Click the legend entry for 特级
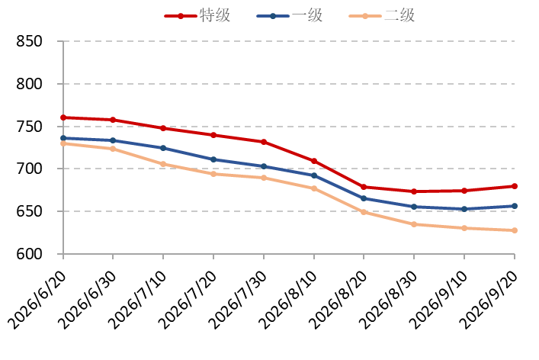(x=197, y=15)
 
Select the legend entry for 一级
(x=290, y=15)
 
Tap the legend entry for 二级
(x=382, y=15)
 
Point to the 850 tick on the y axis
(x=29, y=41)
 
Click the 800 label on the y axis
(x=29, y=84)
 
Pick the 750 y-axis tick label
(x=29, y=127)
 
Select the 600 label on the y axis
(x=29, y=254)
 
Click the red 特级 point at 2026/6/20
(x=63, y=117)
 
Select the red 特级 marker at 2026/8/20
(x=364, y=187)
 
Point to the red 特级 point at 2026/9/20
(x=515, y=186)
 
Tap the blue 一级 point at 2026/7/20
(x=213, y=159)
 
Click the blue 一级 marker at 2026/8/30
(x=414, y=207)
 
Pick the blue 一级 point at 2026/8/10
(x=314, y=175)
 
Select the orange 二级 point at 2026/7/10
(x=163, y=164)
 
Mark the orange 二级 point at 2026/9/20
(x=515, y=230)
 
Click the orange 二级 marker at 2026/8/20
(x=364, y=212)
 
